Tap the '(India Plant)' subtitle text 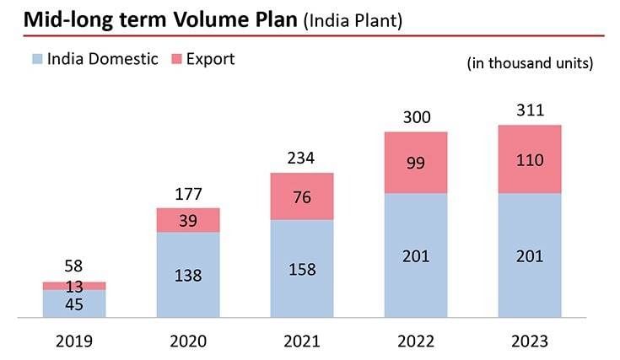click(352, 20)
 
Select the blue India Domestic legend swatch click(37, 59)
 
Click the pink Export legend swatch click(176, 59)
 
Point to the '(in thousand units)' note click(530, 63)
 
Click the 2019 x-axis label click(74, 341)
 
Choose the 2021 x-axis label click(302, 341)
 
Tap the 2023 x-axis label click(530, 341)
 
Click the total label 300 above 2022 click(416, 117)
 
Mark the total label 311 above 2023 click(530, 110)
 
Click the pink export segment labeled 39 click(188, 220)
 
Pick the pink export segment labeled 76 click(302, 196)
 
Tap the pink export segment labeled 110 click(530, 159)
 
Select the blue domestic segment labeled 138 click(188, 276)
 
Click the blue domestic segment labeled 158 click(302, 270)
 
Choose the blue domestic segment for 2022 click(416, 255)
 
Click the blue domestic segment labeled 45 click(74, 305)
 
